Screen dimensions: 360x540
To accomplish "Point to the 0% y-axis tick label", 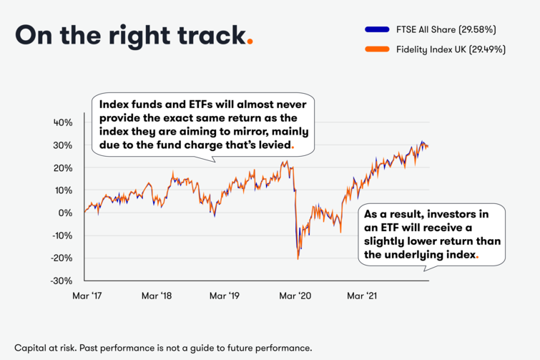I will pyautogui.click(x=66, y=213).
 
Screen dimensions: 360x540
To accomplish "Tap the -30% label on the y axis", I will pyautogui.click(x=62, y=281).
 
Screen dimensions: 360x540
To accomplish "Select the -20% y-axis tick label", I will pyautogui.click(x=62, y=258).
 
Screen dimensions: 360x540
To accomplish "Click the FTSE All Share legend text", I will pyautogui.click(x=446, y=29).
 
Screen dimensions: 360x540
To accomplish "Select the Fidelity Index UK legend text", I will pyautogui.click(x=451, y=49).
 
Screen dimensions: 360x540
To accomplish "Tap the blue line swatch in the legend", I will pyautogui.click(x=376, y=30).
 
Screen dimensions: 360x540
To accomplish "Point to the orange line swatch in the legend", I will pyautogui.click(x=376, y=50).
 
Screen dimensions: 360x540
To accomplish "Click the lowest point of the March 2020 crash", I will pyautogui.click(x=298, y=258).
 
